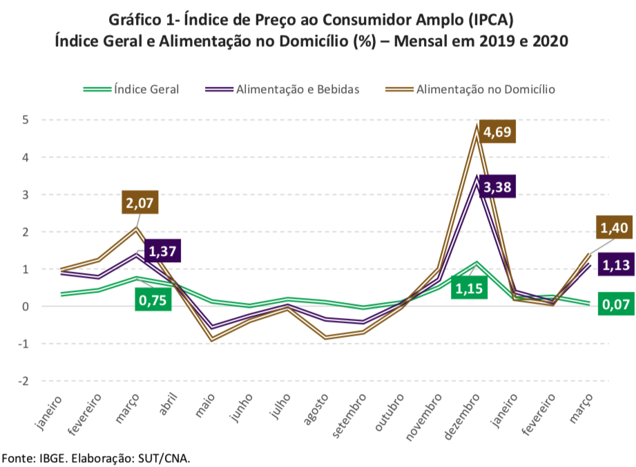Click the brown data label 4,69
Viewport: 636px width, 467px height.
coord(497,132)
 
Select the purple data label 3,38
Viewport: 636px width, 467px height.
coord(497,187)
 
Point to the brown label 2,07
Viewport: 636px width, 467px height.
coord(139,203)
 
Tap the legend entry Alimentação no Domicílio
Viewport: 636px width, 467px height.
coord(485,89)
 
